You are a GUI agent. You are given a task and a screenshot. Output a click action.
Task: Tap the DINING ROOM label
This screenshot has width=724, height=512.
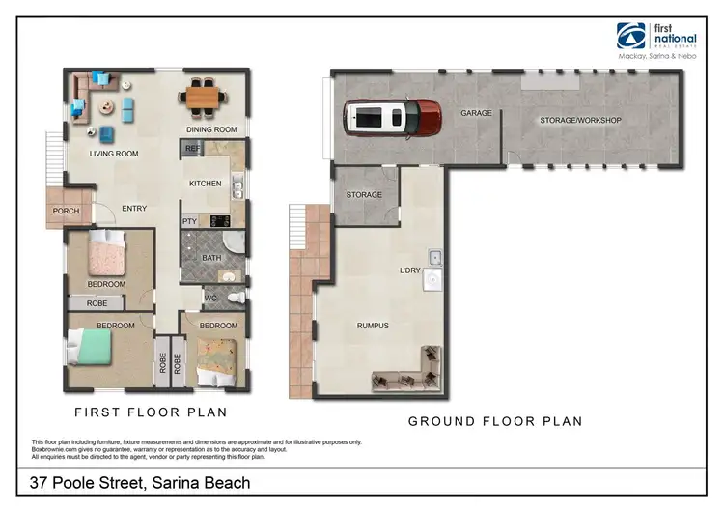211,129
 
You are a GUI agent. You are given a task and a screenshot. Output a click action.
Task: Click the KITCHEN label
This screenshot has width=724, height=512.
206,184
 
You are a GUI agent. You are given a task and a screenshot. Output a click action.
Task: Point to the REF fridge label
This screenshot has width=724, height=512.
191,149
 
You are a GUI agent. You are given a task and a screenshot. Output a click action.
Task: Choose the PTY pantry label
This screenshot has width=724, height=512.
190,221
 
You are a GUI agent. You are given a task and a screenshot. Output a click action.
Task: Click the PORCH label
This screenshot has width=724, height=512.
66,211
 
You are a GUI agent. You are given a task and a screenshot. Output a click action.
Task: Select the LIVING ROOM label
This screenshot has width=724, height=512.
114,154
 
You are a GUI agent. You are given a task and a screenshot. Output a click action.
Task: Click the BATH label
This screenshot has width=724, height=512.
212,258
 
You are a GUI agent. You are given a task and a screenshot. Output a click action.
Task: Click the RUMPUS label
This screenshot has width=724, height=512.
372,326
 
